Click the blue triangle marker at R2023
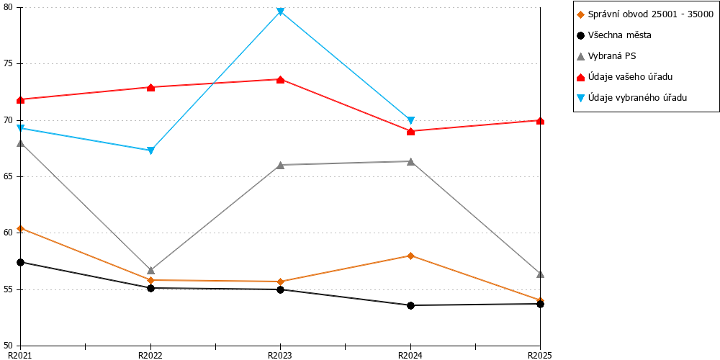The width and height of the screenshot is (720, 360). pyautogui.click(x=281, y=12)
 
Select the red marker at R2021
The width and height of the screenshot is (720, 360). pyautogui.click(x=21, y=99)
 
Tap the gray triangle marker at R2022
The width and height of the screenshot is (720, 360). pyautogui.click(x=150, y=270)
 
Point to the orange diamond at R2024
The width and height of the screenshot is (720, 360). pyautogui.click(x=410, y=256)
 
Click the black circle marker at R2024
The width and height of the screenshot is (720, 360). pyautogui.click(x=410, y=305)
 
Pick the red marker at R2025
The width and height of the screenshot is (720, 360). pyautogui.click(x=541, y=121)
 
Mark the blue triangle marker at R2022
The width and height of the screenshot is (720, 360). pyautogui.click(x=150, y=150)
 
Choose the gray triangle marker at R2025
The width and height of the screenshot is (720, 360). pyautogui.click(x=541, y=274)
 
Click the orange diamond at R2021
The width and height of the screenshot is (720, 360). pyautogui.click(x=21, y=228)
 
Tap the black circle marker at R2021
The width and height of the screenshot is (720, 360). pyautogui.click(x=21, y=262)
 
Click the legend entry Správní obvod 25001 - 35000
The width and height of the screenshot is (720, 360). pyautogui.click(x=645, y=14)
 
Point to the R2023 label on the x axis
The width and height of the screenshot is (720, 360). pyautogui.click(x=281, y=355)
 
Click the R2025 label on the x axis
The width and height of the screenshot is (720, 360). pyautogui.click(x=539, y=355)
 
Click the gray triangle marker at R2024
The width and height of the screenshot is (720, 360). pyautogui.click(x=410, y=161)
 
